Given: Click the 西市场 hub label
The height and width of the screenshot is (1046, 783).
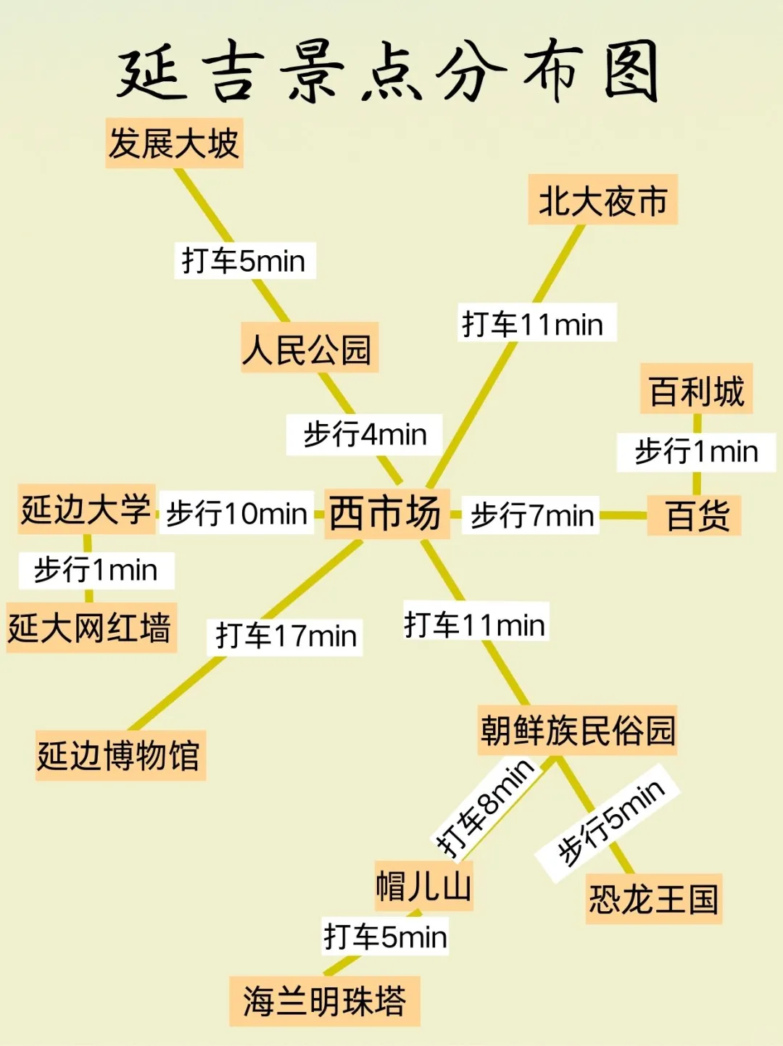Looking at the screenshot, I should pos(386,513).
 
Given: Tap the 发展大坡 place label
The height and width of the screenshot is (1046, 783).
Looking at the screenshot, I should pos(174,143).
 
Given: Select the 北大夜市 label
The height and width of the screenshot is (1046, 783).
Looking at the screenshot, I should pos(602,200).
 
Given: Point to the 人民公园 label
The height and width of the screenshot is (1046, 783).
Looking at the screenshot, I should pos(309,349).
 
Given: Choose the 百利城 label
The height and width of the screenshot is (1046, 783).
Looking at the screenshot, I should pos(696,391).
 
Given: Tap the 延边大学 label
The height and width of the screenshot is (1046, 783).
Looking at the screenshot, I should pos(86,509).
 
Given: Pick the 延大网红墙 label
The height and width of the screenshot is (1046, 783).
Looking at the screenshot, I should pos(90,628).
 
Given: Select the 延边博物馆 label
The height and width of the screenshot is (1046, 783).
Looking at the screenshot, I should pos(120,755).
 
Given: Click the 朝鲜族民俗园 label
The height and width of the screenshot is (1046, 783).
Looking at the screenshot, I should pos(577,730).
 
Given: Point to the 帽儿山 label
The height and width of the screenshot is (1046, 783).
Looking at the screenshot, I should pos(423,886).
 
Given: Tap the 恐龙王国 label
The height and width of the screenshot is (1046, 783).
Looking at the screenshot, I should pos(653,899).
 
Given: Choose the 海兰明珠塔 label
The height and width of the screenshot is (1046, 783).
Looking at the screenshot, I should pos(324,1001).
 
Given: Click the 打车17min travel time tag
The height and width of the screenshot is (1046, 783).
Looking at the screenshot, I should pos(286,636).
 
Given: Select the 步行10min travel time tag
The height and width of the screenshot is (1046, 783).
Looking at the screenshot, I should pos(236,514).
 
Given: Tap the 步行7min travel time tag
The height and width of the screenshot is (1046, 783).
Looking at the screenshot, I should pos(531,515).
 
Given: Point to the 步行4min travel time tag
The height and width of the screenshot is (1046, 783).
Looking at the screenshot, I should pos(365,434).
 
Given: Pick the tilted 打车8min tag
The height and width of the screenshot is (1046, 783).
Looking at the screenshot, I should pos(484,808).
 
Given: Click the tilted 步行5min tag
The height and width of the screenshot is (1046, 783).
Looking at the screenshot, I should pos(609,822).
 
